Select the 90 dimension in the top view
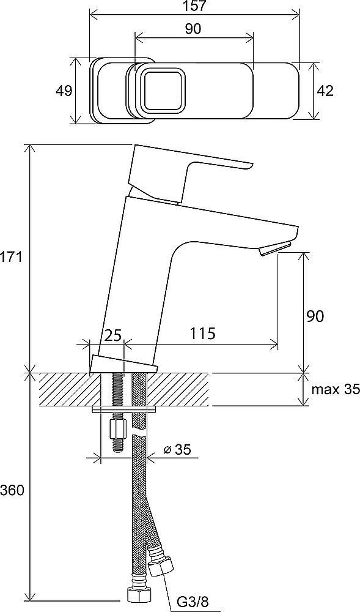point(193,29)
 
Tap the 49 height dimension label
point(64,91)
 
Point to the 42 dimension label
point(325,91)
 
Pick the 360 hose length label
point(12,490)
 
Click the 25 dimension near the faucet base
point(113,335)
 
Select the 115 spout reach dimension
point(202,334)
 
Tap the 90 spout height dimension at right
point(315,316)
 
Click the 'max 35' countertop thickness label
point(335,389)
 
